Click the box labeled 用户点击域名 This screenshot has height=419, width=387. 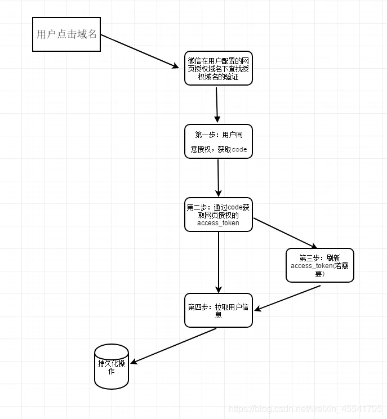click(x=66, y=34)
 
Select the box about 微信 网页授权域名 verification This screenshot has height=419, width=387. click(x=218, y=68)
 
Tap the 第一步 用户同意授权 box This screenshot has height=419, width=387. click(x=218, y=141)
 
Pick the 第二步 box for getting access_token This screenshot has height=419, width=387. click(x=218, y=214)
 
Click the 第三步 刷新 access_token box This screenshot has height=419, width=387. click(x=319, y=265)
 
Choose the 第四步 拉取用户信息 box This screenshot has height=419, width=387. click(x=218, y=310)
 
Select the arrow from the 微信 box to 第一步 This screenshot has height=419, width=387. click(x=216, y=104)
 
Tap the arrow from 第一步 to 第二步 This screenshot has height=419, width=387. click(x=218, y=177)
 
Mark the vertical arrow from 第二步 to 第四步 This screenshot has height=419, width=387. click(x=219, y=262)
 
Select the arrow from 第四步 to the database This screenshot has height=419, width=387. click(x=174, y=345)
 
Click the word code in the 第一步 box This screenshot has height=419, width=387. click(x=239, y=149)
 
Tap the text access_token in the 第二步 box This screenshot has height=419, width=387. click(x=218, y=222)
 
